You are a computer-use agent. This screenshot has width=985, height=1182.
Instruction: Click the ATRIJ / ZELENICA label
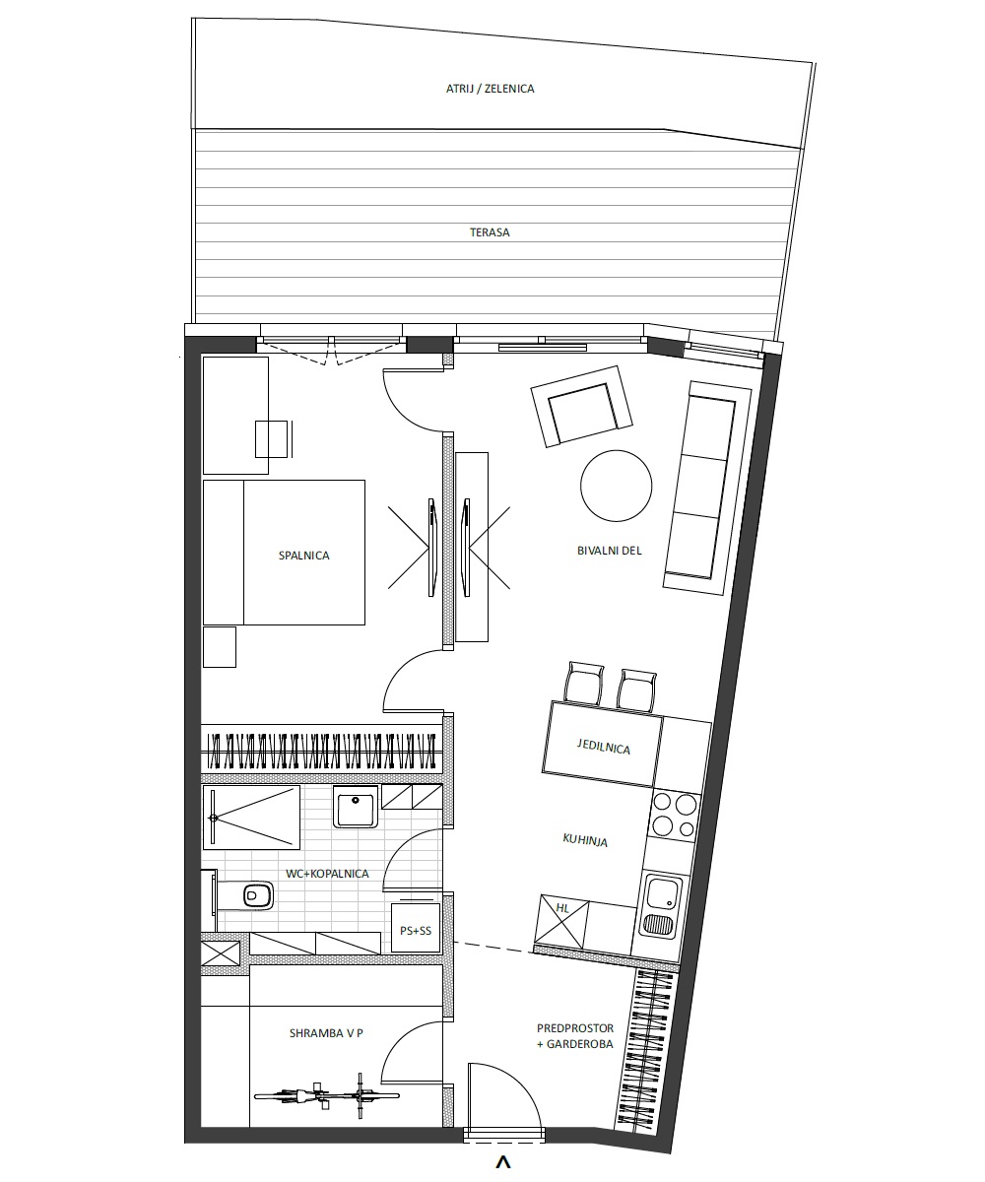coord(490,89)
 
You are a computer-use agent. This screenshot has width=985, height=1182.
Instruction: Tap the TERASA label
coord(490,232)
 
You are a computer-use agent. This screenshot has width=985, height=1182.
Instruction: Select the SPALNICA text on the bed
coord(304,556)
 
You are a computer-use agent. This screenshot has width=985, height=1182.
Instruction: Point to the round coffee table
coord(616,486)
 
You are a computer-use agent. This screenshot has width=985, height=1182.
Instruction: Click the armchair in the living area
coord(581,406)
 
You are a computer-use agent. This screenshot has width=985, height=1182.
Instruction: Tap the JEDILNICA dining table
coord(602,744)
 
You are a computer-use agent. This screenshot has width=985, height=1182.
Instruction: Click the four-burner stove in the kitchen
coord(674,816)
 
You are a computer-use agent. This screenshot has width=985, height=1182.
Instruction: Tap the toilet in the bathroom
coord(244,895)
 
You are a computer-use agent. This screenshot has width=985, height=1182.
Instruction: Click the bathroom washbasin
coord(355,806)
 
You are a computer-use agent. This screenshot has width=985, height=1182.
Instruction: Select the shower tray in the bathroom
coord(251,817)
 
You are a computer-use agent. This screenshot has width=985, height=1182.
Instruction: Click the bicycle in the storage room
coord(327,1095)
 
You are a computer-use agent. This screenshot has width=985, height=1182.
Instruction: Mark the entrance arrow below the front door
coord(502,1162)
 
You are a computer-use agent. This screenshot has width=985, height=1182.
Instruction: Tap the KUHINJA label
coord(585,840)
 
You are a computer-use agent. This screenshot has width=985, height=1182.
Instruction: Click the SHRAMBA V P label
coord(326,1033)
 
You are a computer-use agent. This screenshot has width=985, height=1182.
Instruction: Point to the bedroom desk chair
coord(274,438)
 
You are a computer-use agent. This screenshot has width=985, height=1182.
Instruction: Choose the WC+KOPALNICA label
coord(327,874)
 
